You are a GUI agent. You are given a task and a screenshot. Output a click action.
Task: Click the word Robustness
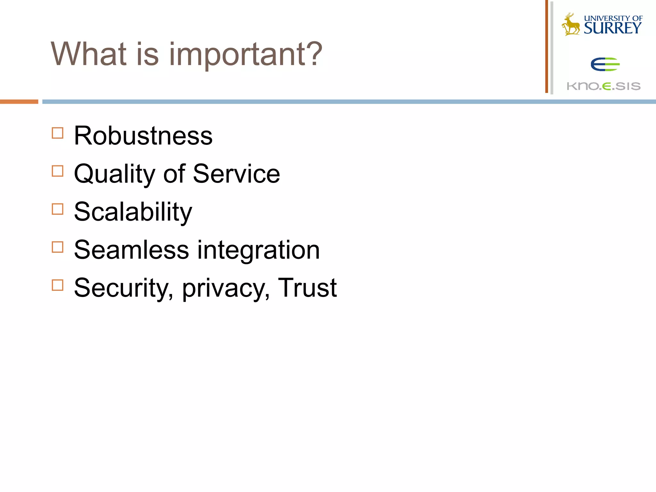point(143,136)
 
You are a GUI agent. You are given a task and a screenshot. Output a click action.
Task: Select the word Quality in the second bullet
point(114,174)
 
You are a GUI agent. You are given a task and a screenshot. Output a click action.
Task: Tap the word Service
point(236,174)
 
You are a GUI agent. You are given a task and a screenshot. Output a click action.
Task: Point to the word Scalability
point(133,212)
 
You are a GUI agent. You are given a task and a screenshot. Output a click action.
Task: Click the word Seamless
point(131,250)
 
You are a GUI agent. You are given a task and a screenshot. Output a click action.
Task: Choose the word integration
point(258,250)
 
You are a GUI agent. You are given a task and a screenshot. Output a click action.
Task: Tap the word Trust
point(307,288)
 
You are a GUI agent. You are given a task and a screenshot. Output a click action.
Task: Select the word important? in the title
point(245,54)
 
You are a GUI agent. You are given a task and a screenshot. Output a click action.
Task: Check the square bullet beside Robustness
point(58,133)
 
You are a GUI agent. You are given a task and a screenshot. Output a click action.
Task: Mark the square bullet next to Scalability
point(58,209)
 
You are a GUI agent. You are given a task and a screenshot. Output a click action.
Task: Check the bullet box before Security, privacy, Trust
point(58,285)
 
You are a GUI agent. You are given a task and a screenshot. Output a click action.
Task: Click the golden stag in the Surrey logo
point(571,24)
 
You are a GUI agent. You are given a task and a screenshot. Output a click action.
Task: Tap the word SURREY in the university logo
point(613,28)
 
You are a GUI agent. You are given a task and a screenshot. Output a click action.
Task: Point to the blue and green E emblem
point(605,64)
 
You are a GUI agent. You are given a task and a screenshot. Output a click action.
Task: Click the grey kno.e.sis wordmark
point(603,86)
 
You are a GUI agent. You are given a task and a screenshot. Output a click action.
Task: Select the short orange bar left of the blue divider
point(19,102)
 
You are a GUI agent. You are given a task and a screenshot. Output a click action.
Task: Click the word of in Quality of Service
point(174,174)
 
